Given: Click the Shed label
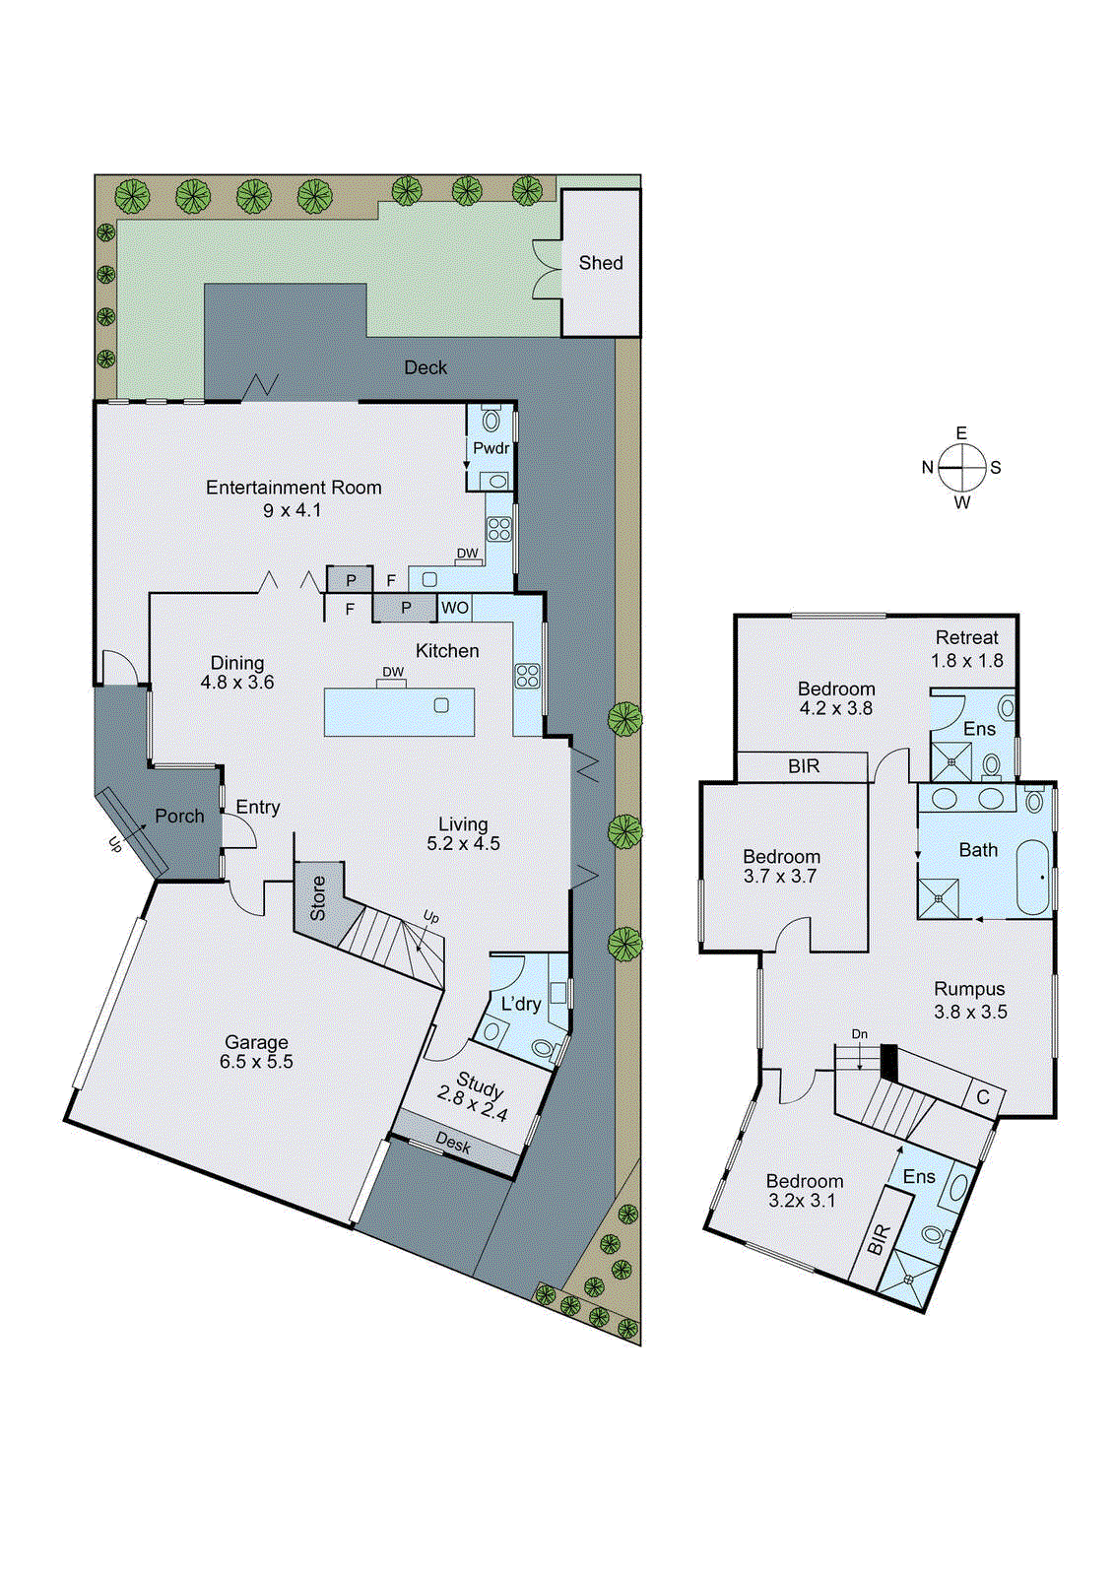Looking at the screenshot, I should coord(601,263).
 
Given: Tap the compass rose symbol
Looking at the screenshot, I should coord(961,467).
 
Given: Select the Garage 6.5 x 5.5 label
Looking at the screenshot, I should coord(256,1052).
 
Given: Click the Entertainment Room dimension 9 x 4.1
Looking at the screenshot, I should coord(292,510).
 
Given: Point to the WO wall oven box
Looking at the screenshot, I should coord(455,608).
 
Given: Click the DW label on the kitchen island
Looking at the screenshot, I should coord(393,673).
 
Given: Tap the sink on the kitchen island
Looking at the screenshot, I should coord(441,705).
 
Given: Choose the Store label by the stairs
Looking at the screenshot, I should coord(317,898).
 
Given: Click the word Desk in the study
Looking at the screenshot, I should coord(453,1144).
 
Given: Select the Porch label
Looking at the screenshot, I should coord(179,817).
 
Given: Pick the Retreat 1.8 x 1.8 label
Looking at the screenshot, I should coord(967,649).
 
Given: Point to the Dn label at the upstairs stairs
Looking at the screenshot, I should coord(860,1034).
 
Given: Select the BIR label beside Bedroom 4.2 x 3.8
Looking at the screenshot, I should coord(804,766).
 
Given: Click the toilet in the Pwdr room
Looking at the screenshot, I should coord(491,421).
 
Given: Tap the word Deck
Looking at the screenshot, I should coord(426,367).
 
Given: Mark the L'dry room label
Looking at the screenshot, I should coord(521,1004).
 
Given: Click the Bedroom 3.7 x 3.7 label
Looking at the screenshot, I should coord(781,866).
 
